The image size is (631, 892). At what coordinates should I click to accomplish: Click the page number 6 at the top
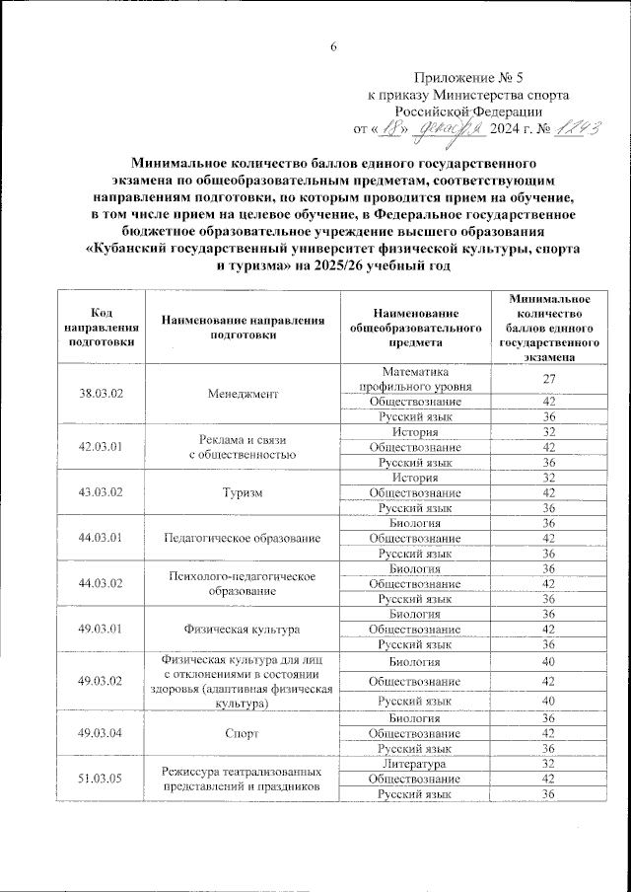coord(333,47)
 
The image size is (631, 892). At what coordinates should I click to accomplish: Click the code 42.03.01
coord(100,447)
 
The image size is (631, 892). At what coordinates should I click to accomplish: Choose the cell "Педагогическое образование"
coord(243,538)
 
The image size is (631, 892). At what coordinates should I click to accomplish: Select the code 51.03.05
coord(100,779)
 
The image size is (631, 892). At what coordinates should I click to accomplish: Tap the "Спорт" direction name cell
coord(243,733)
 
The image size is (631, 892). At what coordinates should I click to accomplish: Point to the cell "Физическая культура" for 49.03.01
coord(243,629)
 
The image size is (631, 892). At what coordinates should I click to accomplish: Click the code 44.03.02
coord(100,583)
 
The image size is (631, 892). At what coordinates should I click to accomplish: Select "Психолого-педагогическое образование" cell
coord(243,583)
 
